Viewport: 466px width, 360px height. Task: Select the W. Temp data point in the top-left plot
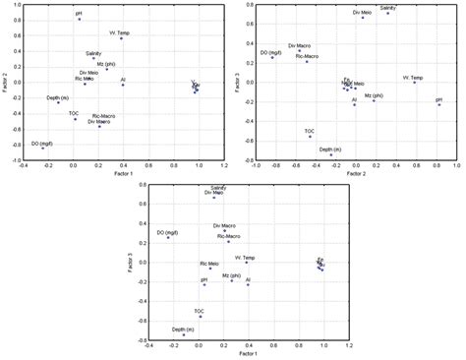(x=122, y=38)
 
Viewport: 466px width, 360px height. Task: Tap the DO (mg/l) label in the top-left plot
(x=42, y=143)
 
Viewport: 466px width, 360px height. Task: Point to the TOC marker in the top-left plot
(x=75, y=119)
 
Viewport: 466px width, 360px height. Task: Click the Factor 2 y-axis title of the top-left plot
(x=6, y=80)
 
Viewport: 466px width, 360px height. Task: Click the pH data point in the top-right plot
(x=439, y=104)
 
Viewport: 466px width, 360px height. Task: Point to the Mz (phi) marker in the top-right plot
(x=374, y=101)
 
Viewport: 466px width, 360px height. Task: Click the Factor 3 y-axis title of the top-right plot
(x=240, y=80)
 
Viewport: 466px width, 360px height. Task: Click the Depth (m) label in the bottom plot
(x=183, y=330)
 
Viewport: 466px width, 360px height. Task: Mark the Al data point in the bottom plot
(x=248, y=284)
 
